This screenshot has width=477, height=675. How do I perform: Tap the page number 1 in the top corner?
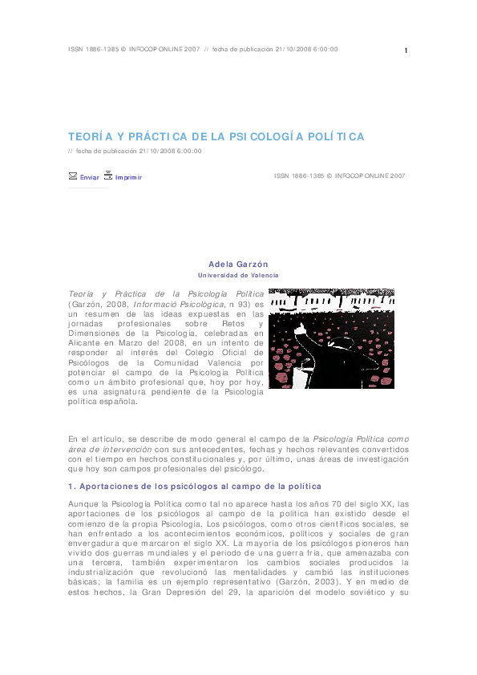[406, 51]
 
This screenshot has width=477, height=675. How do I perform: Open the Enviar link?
[90, 177]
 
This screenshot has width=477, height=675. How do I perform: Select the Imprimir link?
[128, 177]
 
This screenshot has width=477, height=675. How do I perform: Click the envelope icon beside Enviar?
[73, 176]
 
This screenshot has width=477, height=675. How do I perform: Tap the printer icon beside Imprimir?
[108, 175]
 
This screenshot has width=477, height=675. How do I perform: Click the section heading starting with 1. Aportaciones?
[195, 487]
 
